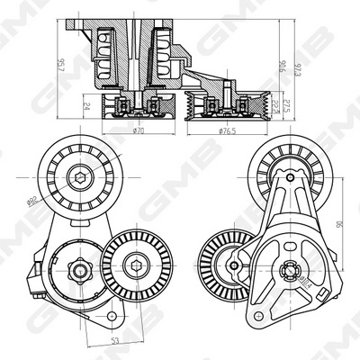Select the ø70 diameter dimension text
coord(138,131)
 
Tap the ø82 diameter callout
coord(55,202)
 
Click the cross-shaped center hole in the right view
coord(290,267)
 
